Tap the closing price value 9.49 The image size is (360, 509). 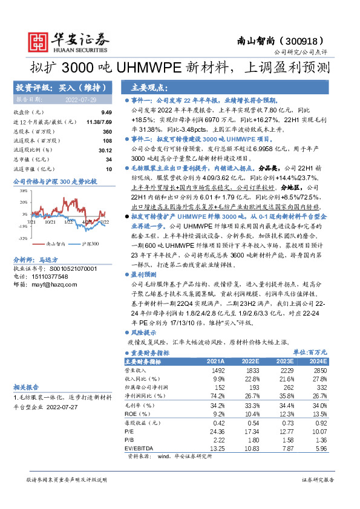click(106, 113)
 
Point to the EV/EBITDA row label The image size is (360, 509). click(138, 449)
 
